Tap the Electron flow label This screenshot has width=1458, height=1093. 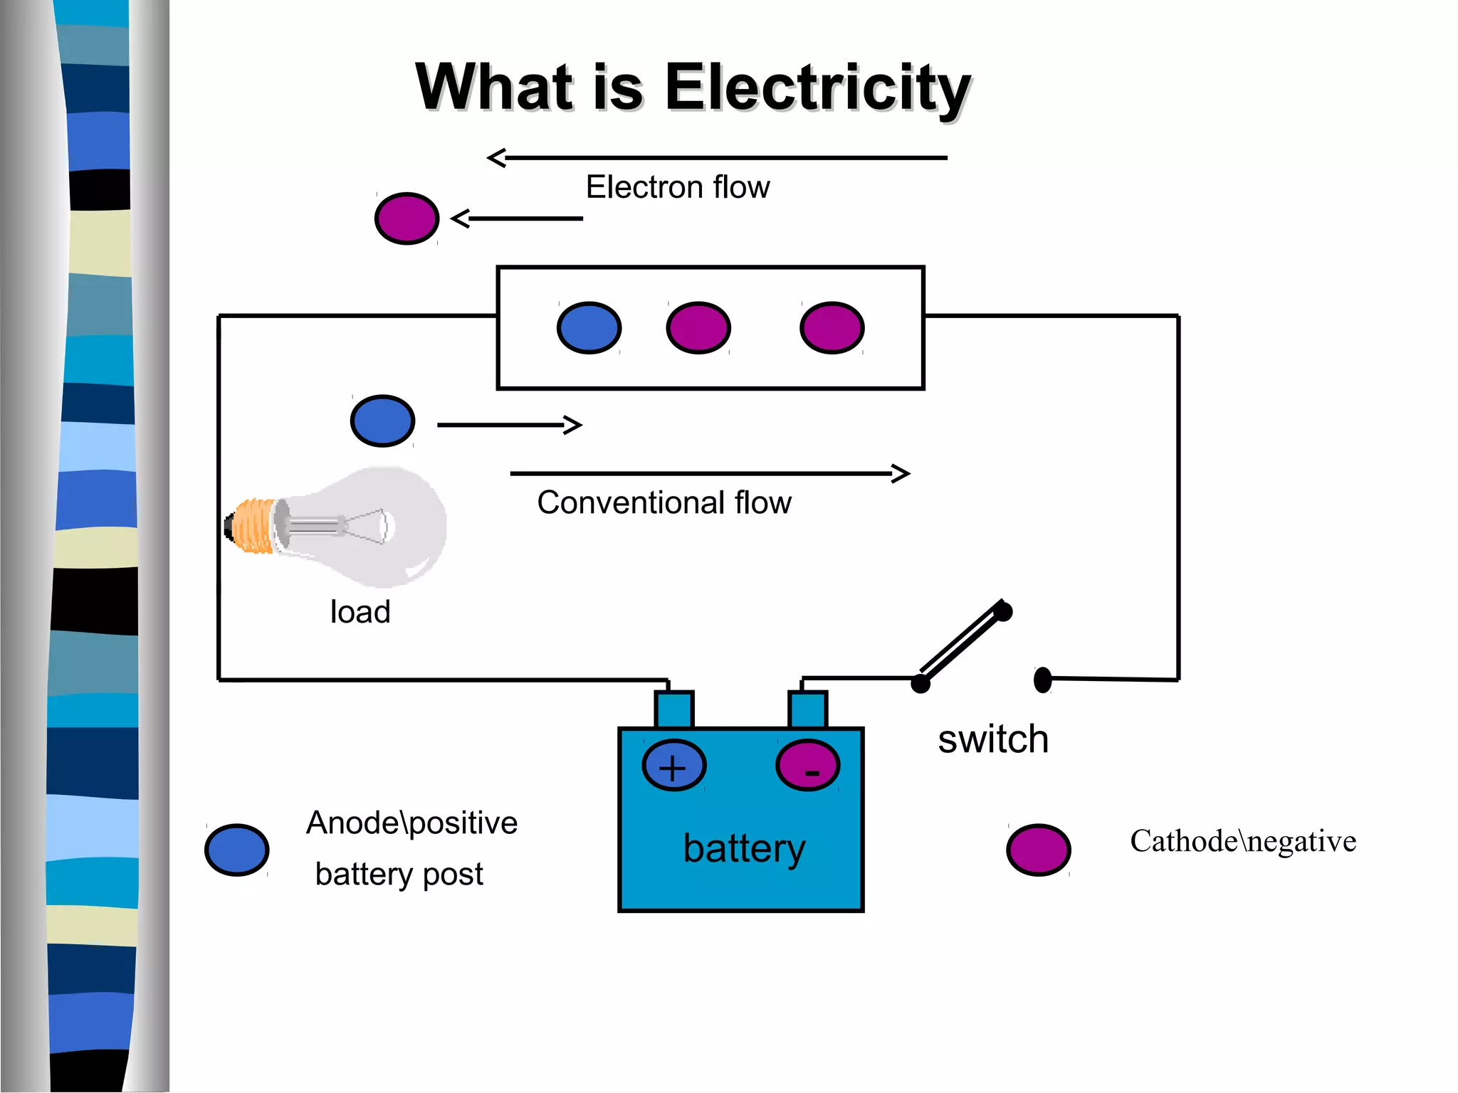coord(677,187)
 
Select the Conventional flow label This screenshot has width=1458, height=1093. coord(664,502)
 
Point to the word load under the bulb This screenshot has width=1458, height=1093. coord(360,612)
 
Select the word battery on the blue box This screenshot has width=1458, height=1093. coord(744,848)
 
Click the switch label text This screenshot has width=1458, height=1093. coord(993,739)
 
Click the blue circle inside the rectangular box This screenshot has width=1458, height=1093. coord(589,328)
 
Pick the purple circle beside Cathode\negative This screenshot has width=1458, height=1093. coord(1038,850)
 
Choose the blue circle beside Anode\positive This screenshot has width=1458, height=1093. coord(236,850)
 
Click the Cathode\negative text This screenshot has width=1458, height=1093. coord(1242,841)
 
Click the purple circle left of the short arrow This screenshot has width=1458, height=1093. coord(407,218)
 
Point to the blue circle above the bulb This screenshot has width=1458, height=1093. coord(382,421)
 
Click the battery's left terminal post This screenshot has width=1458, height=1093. coord(673,709)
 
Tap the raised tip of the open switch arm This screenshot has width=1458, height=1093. coord(1002,611)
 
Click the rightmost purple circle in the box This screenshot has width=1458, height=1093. coord(832,328)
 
